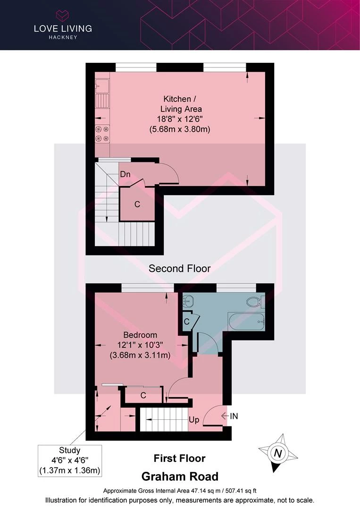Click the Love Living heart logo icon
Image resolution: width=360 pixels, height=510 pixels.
pos(62,16)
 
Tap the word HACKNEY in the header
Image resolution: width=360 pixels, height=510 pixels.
pos(63,37)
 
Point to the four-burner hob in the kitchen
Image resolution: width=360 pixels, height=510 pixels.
pos(102,134)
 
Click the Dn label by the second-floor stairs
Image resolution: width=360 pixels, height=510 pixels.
pos(125,174)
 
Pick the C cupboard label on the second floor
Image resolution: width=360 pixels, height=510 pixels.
pos(137,204)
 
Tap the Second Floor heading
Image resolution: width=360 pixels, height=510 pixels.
pos(180,268)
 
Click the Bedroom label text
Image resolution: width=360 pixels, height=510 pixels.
pos(140,335)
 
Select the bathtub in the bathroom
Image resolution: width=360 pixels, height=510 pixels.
pos(247,322)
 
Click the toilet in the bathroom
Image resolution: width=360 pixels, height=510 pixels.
pos(255,301)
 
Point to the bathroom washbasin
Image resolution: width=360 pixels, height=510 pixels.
pos(187,301)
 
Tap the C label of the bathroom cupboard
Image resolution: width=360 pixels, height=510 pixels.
pos(186,322)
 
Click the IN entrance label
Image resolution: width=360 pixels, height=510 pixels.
pos(234,416)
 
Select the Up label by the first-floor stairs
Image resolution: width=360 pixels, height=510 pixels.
pos(194,420)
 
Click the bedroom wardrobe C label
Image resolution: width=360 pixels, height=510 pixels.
pos(143,395)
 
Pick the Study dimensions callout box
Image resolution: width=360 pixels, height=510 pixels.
pos(70,460)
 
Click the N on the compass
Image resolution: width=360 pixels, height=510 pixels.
pos(278,453)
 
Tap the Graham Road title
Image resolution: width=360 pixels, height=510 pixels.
pos(180,476)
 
